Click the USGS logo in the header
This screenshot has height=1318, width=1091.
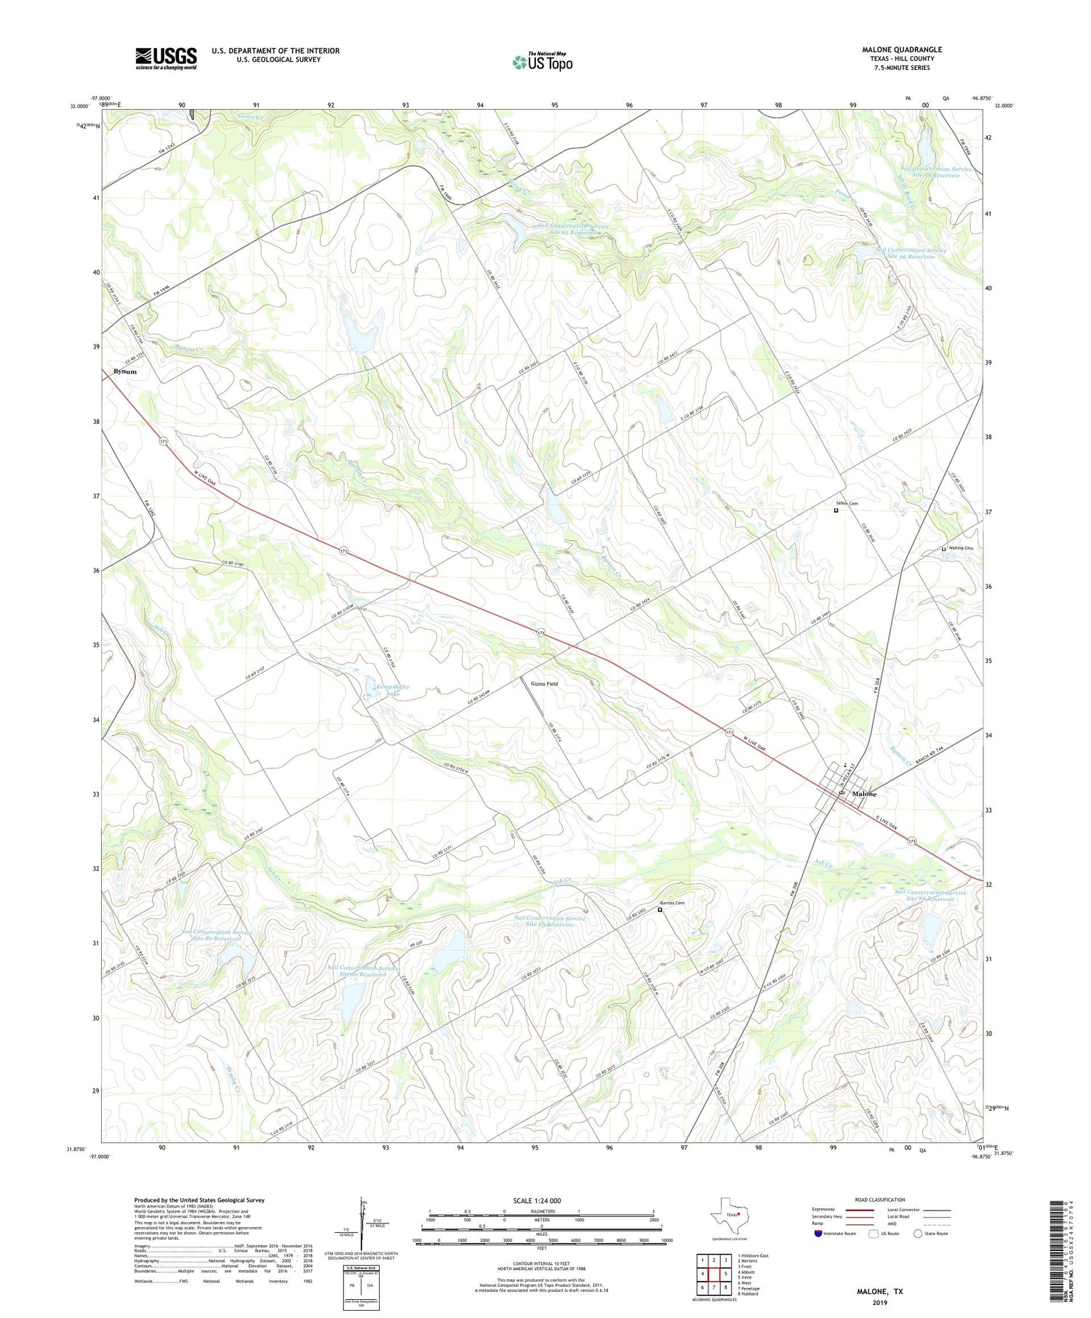point(166,58)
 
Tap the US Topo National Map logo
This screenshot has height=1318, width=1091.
point(542,63)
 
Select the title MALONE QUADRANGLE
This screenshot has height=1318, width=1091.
point(901,49)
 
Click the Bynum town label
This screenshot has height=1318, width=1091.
point(124,371)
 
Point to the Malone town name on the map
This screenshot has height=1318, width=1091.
point(864,794)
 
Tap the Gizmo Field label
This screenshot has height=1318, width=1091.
point(544,684)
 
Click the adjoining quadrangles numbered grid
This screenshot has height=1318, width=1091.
point(714,1274)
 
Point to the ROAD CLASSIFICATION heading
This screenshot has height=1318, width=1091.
point(880,1200)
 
